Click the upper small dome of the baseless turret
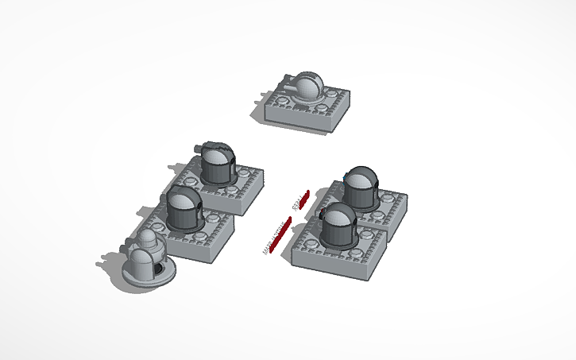tap(148, 239)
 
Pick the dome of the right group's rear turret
tap(361, 188)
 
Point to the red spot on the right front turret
tap(321, 211)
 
